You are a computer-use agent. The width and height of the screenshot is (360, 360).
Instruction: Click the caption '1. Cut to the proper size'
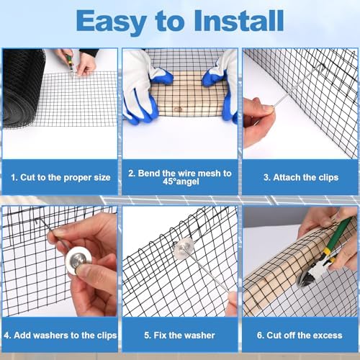60,177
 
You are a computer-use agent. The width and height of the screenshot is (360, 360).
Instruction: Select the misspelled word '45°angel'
181,181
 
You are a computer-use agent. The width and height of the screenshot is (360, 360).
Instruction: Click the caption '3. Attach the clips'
301,177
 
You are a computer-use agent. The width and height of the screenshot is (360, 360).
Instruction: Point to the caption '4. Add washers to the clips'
60,336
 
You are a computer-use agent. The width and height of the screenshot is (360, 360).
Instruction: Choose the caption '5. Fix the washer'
179,336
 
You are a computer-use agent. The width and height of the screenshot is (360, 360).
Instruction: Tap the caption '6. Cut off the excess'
300,336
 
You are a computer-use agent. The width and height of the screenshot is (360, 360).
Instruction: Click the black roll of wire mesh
23,86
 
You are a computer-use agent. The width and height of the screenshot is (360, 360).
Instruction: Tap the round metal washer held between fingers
78,261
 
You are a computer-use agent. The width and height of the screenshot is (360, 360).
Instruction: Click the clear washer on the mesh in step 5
184,248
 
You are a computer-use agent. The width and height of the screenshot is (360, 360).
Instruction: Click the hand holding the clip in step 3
258,121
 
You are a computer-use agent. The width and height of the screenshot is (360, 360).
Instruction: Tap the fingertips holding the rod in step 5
233,303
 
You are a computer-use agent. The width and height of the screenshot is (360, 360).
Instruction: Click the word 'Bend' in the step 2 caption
149,174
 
